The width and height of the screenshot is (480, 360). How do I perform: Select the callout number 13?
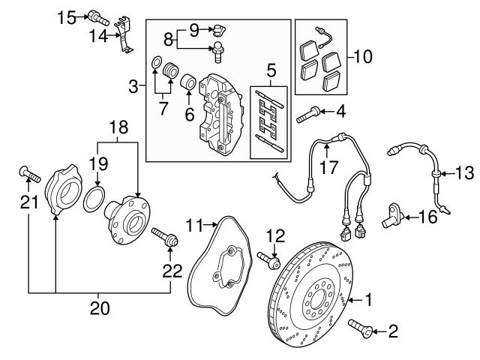coord(465,173)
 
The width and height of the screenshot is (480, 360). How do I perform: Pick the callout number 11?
coord(196,225)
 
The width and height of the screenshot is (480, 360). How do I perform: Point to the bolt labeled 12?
coord(269,260)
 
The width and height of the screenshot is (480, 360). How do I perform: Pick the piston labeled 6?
coord(188,80)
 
